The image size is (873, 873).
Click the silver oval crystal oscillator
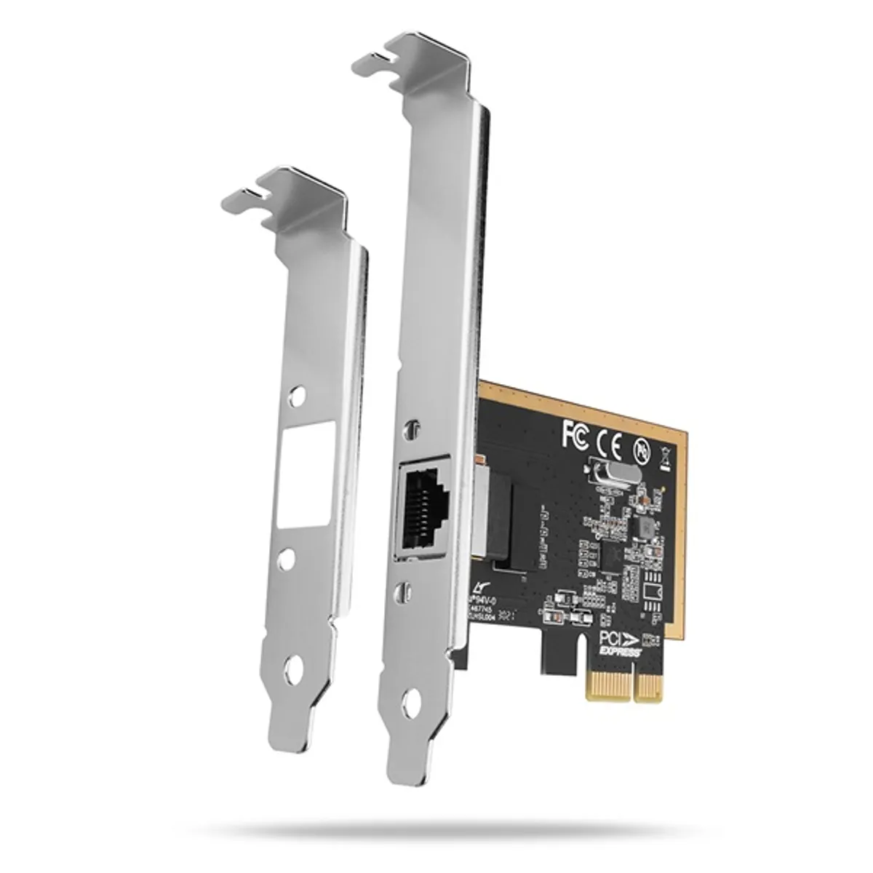[615, 474]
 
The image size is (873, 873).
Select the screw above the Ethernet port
[413, 427]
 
